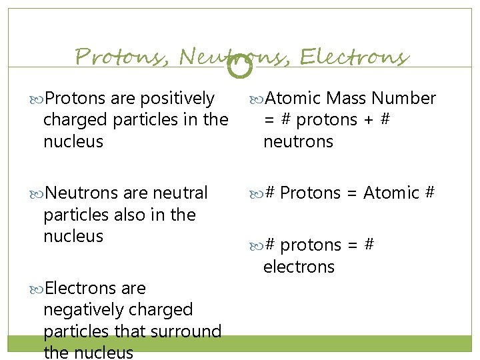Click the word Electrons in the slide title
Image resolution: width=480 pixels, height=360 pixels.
pos(353,57)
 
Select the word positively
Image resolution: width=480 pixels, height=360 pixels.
pos(177,99)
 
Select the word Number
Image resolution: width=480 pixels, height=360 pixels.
pos(404,99)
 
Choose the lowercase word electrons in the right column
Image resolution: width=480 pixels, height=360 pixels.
pos(299,267)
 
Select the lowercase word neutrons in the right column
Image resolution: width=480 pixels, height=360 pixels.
pos(298,141)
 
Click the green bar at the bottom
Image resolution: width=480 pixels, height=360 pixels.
pos(240,343)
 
